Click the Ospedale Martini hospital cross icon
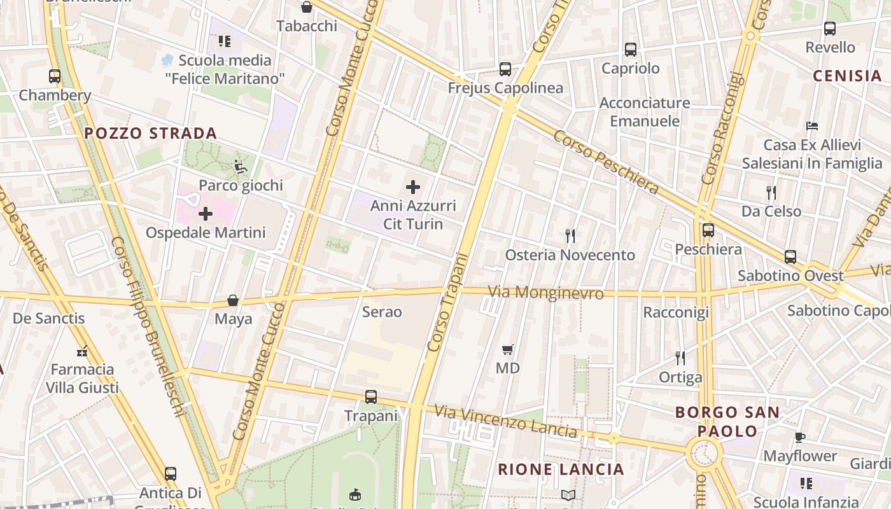(x=206, y=214)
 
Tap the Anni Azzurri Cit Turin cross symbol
(x=413, y=187)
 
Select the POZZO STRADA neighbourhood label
(x=151, y=134)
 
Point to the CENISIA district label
(x=848, y=76)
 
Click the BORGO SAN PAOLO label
(x=727, y=421)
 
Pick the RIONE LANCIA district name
(x=561, y=470)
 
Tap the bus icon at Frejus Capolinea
(x=505, y=69)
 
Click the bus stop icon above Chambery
(x=55, y=76)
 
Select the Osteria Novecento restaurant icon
(x=570, y=236)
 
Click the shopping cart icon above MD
(x=507, y=349)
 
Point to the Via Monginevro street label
(x=545, y=293)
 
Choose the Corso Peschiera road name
(x=605, y=162)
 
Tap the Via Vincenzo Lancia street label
(x=506, y=421)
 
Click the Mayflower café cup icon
(x=800, y=437)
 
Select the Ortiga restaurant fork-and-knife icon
(x=680, y=358)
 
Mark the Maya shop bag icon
(x=233, y=300)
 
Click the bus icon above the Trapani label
(x=371, y=397)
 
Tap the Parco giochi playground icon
(x=241, y=167)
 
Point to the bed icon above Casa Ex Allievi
(x=811, y=126)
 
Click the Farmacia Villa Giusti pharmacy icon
(x=82, y=351)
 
